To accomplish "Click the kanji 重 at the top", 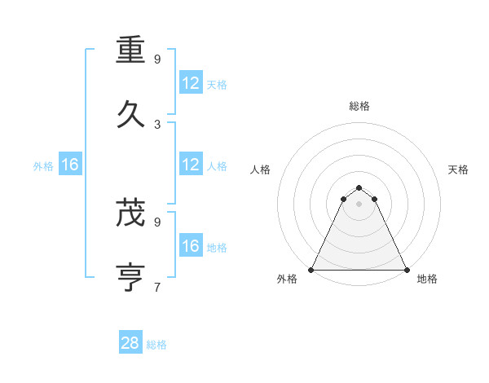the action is pyautogui.click(x=131, y=50).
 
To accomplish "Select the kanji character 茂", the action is pyautogui.click(x=131, y=213).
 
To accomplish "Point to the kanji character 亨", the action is pyautogui.click(x=131, y=276).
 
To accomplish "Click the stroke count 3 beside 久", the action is pyautogui.click(x=157, y=124).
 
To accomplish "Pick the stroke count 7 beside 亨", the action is pyautogui.click(x=157, y=287).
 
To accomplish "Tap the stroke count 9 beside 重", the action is pyautogui.click(x=157, y=59).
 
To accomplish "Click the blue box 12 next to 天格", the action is pyautogui.click(x=191, y=83).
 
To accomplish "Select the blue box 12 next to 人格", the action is pyautogui.click(x=191, y=165).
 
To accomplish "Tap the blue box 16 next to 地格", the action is pyautogui.click(x=191, y=246).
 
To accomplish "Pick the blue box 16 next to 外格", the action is pyautogui.click(x=70, y=165).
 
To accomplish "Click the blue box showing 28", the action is pyautogui.click(x=130, y=343).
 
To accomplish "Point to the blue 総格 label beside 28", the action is pyautogui.click(x=157, y=345).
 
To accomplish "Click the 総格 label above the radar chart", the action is pyautogui.click(x=359, y=106).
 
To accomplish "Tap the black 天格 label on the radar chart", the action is pyautogui.click(x=459, y=169).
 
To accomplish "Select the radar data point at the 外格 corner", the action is pyautogui.click(x=311, y=269).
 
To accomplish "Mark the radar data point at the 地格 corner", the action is pyautogui.click(x=407, y=269).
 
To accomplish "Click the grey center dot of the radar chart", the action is pyautogui.click(x=359, y=204).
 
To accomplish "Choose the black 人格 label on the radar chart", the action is pyautogui.click(x=261, y=169).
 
